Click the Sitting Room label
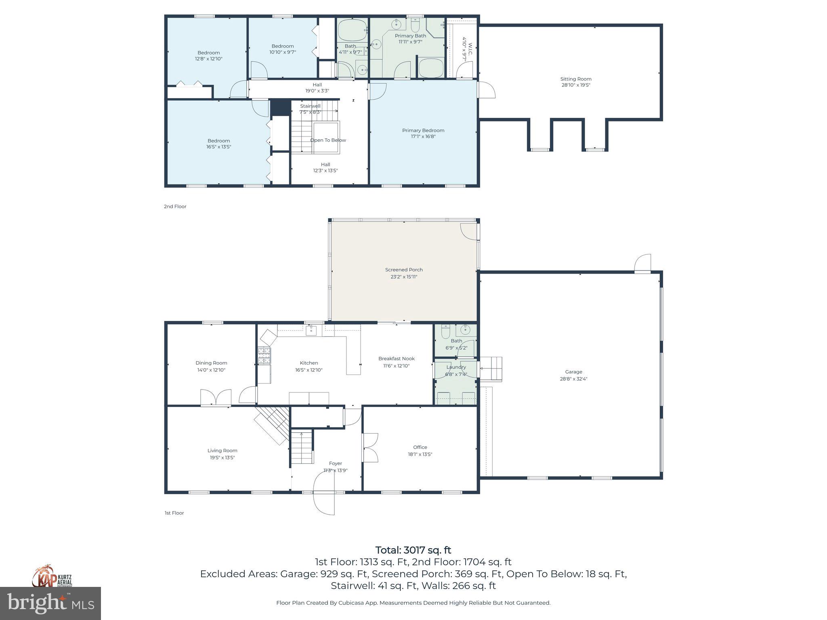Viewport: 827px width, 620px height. click(x=575, y=79)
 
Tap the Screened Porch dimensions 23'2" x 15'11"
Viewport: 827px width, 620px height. click(x=403, y=277)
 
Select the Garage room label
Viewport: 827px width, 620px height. click(x=573, y=372)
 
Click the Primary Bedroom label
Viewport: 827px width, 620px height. click(x=423, y=130)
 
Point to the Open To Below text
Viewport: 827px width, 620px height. click(x=328, y=140)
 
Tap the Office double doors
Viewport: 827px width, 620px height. click(x=370, y=447)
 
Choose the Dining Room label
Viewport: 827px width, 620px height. click(x=211, y=363)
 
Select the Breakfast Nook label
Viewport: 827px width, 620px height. click(x=396, y=358)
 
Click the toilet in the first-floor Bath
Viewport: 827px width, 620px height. click(x=445, y=332)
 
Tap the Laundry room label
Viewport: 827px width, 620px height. click(x=456, y=367)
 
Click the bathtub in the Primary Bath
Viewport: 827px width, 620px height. click(x=431, y=68)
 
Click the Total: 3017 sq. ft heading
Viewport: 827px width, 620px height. click(x=413, y=550)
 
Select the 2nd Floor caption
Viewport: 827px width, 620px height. click(x=175, y=206)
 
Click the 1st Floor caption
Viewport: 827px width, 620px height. click(x=174, y=513)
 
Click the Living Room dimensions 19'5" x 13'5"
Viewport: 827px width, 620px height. click(x=222, y=458)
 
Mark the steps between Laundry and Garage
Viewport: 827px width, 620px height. click(x=491, y=369)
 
